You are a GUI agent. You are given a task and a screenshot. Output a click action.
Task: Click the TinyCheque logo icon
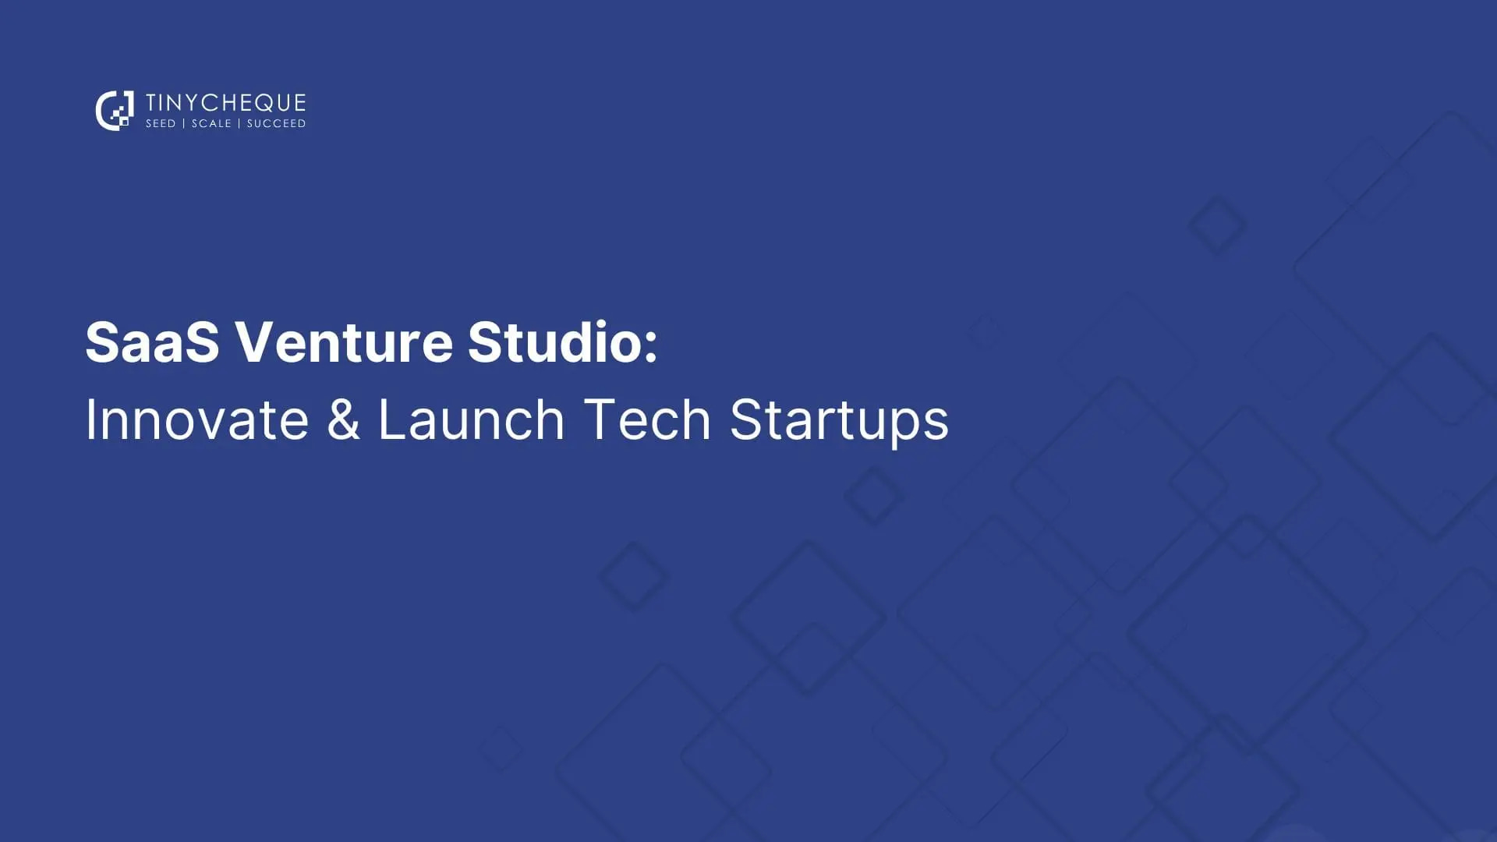(114, 111)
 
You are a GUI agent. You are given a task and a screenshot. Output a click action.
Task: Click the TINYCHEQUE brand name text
(225, 103)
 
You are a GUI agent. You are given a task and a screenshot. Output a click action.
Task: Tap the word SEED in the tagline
(161, 124)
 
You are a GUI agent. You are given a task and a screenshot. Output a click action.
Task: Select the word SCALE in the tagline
(211, 124)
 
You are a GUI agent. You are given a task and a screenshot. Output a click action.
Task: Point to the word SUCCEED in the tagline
(276, 124)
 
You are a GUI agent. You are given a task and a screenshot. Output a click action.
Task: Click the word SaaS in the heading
(152, 341)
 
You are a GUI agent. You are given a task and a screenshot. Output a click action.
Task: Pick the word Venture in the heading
(344, 341)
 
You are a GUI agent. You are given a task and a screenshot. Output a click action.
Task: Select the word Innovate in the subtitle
(196, 419)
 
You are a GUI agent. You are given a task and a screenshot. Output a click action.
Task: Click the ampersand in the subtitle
(343, 419)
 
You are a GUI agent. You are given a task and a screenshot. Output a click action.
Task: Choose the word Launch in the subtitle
(471, 419)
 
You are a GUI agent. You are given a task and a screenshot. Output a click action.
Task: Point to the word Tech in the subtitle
(646, 419)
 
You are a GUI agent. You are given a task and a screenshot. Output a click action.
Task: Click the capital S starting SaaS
(102, 341)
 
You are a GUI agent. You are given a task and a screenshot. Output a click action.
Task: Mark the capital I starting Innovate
(90, 419)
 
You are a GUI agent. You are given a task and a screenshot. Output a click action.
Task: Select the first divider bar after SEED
(184, 124)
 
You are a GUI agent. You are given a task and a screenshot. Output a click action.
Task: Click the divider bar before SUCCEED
(239, 124)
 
